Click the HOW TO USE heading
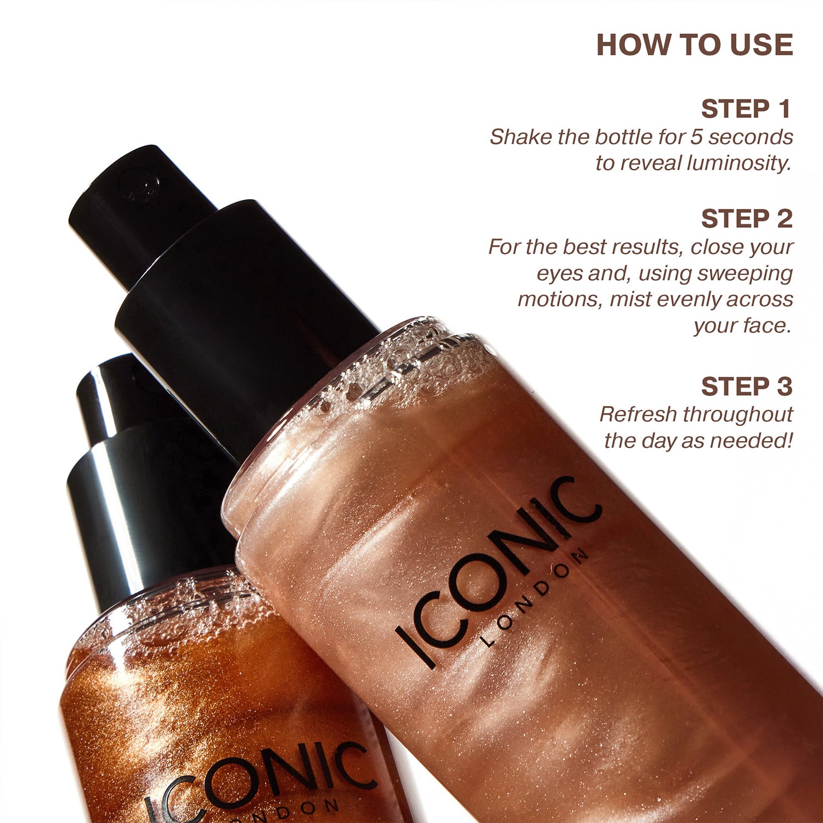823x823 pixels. pos(695,45)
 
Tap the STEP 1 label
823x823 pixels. pos(746,109)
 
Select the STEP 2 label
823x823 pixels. pos(747,219)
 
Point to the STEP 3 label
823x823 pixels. pos(747,387)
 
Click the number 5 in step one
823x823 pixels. pos(697,137)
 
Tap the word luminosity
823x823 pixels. pos(739,164)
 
